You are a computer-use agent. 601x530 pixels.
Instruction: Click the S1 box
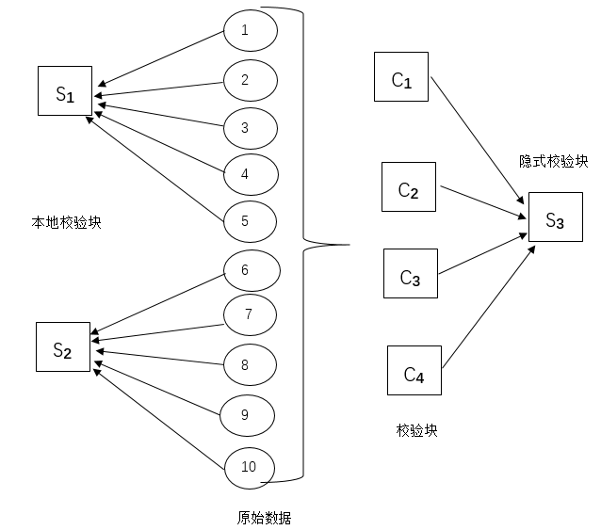(65, 92)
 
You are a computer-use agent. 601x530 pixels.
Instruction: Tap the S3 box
(555, 219)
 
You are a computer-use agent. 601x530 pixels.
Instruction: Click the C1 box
(401, 78)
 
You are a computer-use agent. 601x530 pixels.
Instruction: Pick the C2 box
(409, 187)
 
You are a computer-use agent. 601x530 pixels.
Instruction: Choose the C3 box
(410, 274)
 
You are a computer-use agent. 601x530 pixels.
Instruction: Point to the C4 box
(414, 371)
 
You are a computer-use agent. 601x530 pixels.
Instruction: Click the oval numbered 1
(250, 30)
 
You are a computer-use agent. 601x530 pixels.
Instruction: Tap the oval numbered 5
(250, 221)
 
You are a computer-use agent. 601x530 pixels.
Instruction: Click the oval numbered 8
(251, 364)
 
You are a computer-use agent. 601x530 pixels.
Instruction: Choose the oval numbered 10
(251, 466)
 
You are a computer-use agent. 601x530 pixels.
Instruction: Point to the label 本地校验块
(66, 223)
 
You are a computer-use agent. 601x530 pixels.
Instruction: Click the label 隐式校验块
(553, 162)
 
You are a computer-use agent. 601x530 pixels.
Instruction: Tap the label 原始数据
(264, 517)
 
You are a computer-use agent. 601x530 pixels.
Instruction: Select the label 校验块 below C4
(416, 430)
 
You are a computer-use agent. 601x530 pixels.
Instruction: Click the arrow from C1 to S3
(477, 141)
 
